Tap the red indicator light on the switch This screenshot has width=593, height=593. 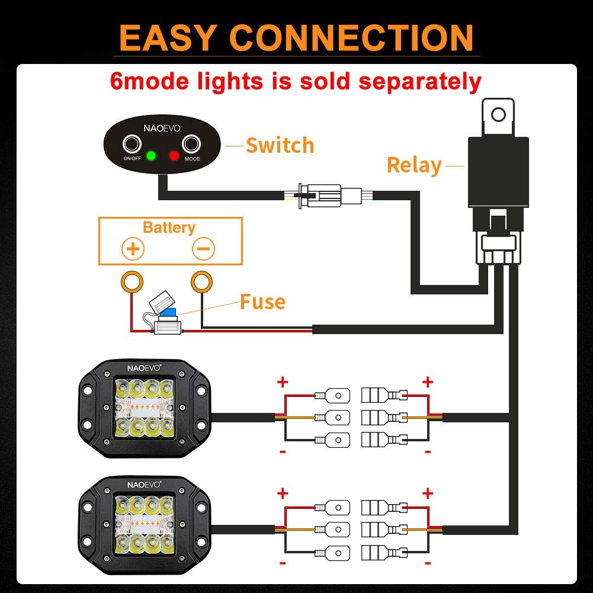point(174,156)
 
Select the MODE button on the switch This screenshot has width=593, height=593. point(191,145)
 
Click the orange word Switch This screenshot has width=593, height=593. point(280,145)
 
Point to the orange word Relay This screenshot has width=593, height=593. point(414,165)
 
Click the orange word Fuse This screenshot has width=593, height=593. point(262,302)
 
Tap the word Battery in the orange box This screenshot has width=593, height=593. point(169,227)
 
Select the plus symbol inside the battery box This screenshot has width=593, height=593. point(133,249)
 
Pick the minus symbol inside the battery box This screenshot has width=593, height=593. point(203,249)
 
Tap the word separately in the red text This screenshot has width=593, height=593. point(419,81)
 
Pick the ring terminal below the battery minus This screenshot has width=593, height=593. point(201,282)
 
